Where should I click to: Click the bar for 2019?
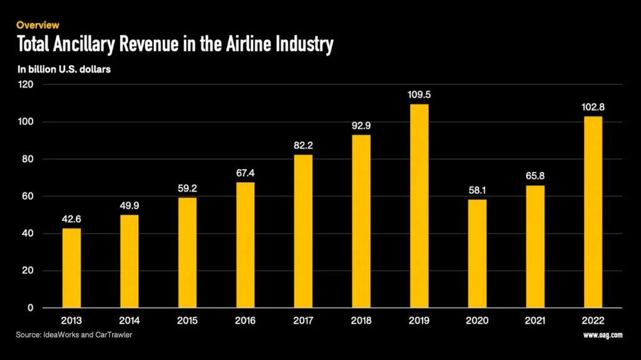click(419, 206)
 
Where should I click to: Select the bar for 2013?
click(71, 268)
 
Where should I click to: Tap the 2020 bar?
click(477, 254)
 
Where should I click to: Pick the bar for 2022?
click(593, 212)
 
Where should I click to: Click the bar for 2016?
click(245, 245)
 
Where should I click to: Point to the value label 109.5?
click(419, 95)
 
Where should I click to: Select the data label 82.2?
click(303, 145)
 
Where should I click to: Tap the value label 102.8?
click(593, 107)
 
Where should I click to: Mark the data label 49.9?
click(130, 205)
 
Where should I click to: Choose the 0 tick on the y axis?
click(31, 308)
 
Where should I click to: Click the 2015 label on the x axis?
click(187, 321)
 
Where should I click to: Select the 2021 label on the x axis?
click(535, 321)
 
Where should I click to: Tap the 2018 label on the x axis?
click(361, 321)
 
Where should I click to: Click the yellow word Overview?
click(38, 25)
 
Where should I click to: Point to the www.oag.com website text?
click(603, 336)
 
